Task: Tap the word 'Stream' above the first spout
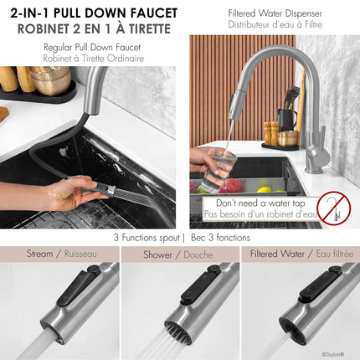(40, 253)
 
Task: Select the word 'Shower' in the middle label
(157, 253)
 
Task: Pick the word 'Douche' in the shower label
(198, 253)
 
